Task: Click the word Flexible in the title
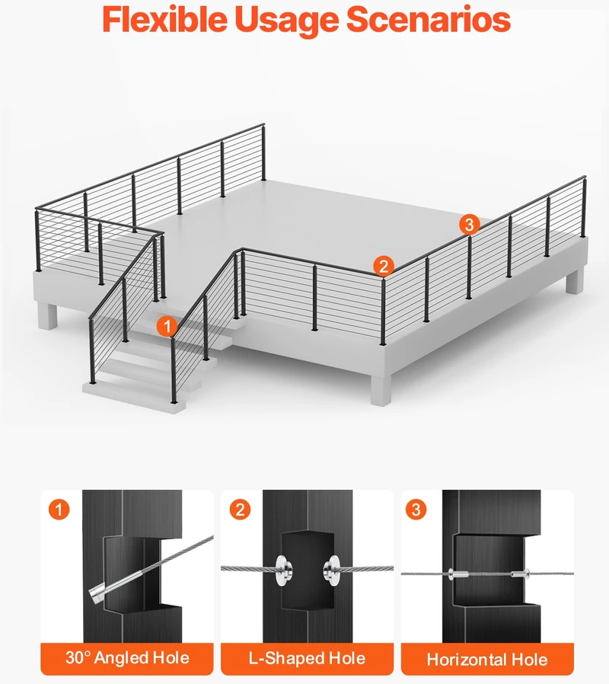point(164,20)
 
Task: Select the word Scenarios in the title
point(428,20)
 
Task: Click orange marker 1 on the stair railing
point(167,326)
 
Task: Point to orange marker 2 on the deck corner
point(383,266)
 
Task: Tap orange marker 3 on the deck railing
point(469,224)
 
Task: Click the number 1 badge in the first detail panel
point(59,509)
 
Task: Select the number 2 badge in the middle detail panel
point(241,509)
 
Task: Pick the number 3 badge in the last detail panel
point(416,509)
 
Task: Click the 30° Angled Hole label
point(127,658)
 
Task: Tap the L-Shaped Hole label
point(307,658)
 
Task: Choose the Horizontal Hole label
point(487,659)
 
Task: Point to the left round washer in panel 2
point(284,569)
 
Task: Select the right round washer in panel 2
point(332,569)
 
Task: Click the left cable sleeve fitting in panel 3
point(458,574)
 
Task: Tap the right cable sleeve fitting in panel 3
point(520,574)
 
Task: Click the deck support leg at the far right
point(574,280)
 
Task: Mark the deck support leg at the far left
point(47,315)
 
